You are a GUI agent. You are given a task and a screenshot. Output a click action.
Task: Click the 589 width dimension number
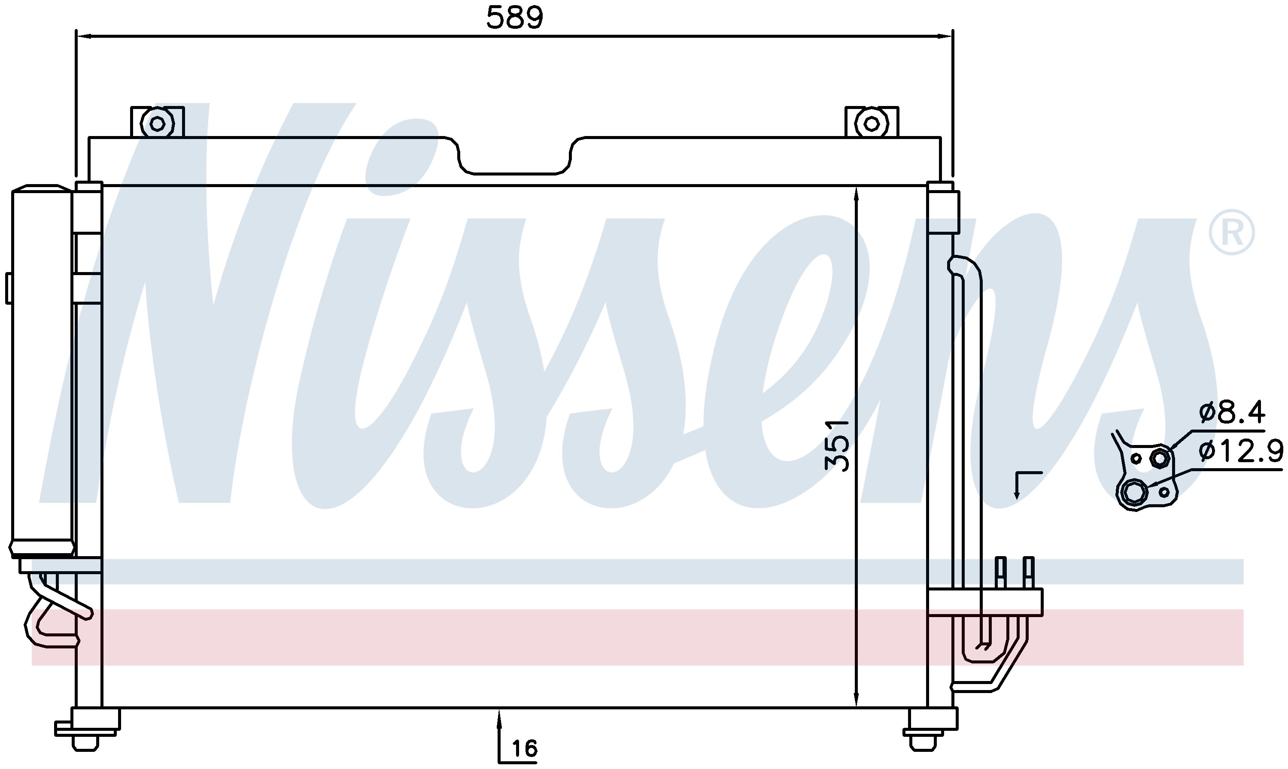click(x=515, y=18)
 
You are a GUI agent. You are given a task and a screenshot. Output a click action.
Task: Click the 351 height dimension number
click(x=838, y=445)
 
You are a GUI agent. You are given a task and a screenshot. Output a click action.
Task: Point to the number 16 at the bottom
click(x=525, y=748)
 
